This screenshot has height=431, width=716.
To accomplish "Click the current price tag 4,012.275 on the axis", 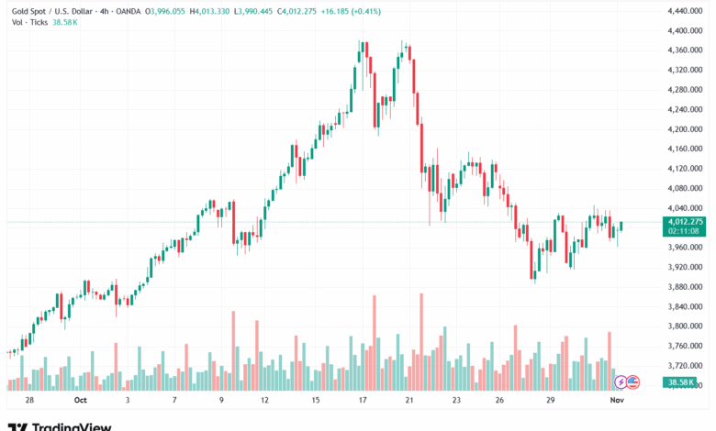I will [x=685, y=221].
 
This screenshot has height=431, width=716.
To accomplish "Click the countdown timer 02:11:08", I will [x=684, y=231].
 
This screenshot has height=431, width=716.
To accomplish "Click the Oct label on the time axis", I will [x=80, y=401].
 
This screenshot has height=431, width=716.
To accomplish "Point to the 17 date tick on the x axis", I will [x=363, y=401].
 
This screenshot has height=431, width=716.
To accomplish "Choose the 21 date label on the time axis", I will [x=409, y=401].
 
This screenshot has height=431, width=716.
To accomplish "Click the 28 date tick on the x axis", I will [x=30, y=401].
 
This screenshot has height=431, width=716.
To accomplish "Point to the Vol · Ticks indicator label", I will [x=30, y=23].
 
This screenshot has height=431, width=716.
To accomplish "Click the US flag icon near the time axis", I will [x=632, y=381].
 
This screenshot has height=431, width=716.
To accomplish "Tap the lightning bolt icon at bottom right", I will [x=621, y=381].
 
